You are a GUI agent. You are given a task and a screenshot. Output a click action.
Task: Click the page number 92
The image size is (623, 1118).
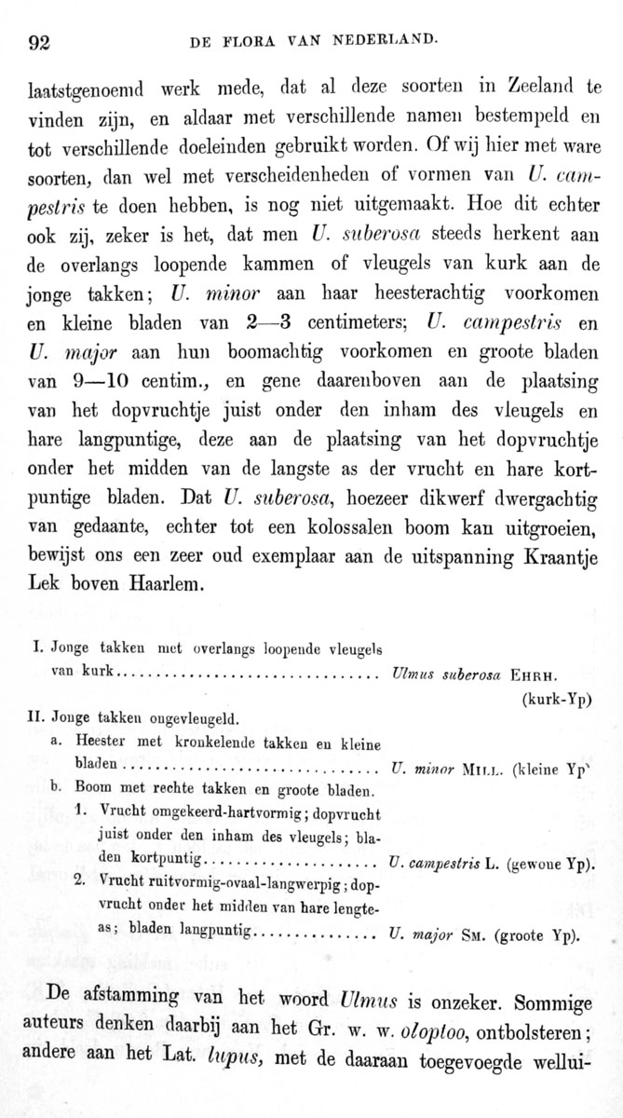39,41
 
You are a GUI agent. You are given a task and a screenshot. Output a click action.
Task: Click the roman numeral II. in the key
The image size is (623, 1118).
39,717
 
